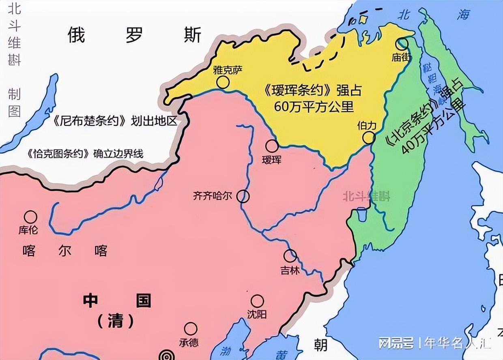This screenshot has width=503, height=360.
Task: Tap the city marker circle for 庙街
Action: point(403,44)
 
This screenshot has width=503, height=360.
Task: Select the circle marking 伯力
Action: point(369,138)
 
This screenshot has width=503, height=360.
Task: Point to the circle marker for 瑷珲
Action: point(272,146)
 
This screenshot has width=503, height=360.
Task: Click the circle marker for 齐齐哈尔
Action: point(243,196)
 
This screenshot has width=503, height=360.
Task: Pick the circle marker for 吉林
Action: point(290,256)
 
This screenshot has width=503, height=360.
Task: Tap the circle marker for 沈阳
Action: point(257,301)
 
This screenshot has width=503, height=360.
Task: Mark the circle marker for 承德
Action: point(191,329)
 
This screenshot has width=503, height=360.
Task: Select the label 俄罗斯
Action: point(134,36)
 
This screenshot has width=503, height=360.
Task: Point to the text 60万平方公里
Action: point(314,107)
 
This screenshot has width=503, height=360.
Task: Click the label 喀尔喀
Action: point(65,251)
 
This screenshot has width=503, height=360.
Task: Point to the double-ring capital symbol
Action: point(166,355)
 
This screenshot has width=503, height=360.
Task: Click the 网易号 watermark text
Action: point(396,343)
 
